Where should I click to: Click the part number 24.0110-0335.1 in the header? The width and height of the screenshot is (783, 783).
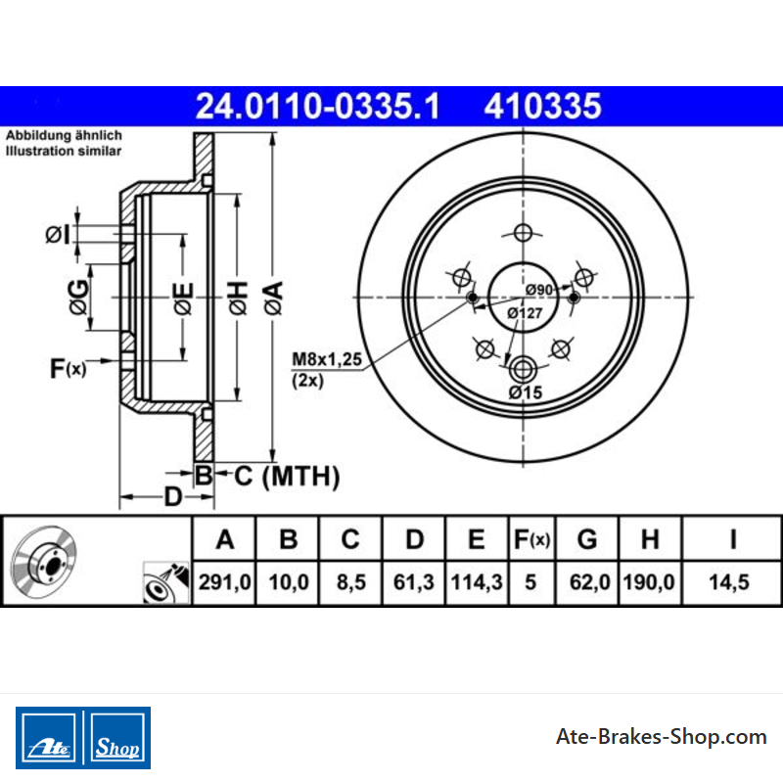click(317, 107)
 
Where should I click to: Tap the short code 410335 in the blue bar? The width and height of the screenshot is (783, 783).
click(543, 107)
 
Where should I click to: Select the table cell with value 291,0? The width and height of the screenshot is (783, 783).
click(225, 582)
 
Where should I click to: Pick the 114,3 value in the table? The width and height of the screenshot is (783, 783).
click(477, 582)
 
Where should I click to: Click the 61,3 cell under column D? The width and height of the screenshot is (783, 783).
click(413, 582)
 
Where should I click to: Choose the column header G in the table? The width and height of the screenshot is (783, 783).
click(587, 539)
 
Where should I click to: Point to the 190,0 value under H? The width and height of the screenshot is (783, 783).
click(649, 582)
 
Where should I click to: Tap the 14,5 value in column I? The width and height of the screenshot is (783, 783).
click(729, 582)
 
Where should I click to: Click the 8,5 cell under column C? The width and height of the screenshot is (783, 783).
click(351, 582)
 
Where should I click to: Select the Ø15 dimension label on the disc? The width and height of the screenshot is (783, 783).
click(526, 392)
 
